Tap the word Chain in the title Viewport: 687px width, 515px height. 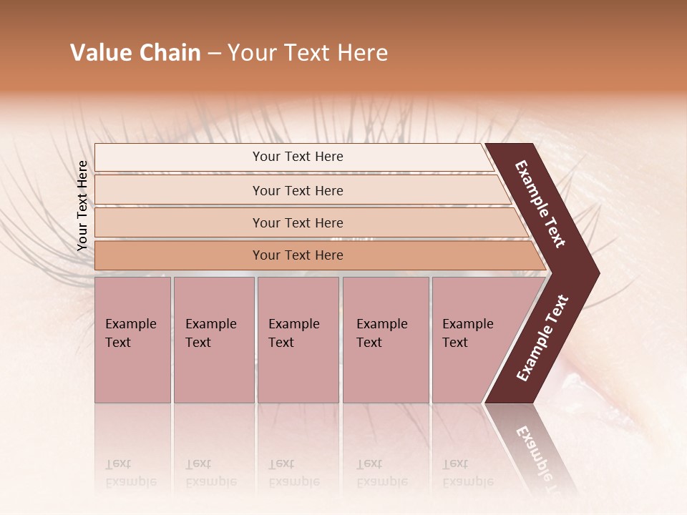tap(170, 53)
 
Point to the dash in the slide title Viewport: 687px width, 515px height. tap(214, 54)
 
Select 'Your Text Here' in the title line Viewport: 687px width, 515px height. tap(308, 53)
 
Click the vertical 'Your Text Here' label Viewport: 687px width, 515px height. tap(82, 205)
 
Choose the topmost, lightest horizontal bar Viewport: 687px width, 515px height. tap(297, 157)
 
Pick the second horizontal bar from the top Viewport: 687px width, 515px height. tap(297, 190)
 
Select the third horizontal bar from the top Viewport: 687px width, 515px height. tap(297, 222)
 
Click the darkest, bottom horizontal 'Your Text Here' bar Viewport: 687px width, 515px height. tap(297, 255)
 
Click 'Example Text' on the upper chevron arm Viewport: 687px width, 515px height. tap(540, 204)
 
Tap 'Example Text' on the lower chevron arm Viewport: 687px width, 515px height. tap(542, 338)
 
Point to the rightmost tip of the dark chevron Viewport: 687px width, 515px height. tap(598, 273)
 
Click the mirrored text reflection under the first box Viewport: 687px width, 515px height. tap(130, 473)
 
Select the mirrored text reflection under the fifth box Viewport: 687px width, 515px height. tap(467, 473)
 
